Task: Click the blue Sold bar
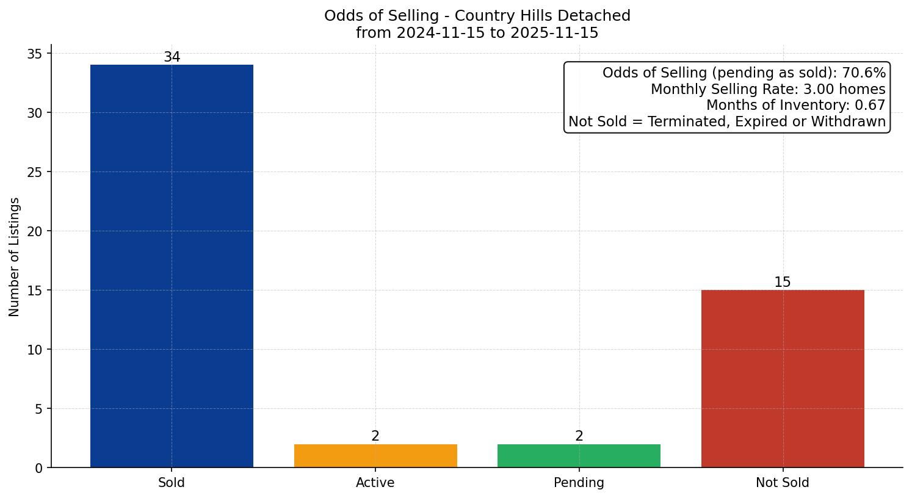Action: [x=172, y=265]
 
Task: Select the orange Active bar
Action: [x=375, y=456]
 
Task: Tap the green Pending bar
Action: [x=579, y=456]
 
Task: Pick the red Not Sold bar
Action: [x=783, y=378]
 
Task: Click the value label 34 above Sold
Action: [x=172, y=57]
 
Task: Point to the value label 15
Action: [x=783, y=283]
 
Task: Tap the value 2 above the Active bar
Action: [x=375, y=436]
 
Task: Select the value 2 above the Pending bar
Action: [x=579, y=436]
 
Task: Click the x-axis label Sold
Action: [x=172, y=483]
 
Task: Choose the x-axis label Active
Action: [x=375, y=483]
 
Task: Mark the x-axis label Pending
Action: [x=579, y=483]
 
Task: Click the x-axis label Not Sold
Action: [x=783, y=483]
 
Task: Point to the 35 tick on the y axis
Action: [x=35, y=54]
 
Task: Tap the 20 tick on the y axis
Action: [x=35, y=231]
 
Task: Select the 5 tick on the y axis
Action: [x=39, y=409]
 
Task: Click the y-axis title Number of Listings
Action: [x=15, y=257]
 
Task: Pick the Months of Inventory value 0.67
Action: [x=872, y=105]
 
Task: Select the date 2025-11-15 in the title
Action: [x=554, y=33]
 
